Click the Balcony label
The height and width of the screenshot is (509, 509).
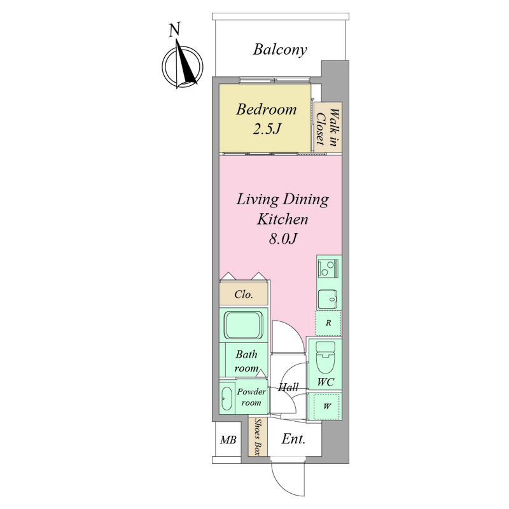pyautogui.click(x=280, y=50)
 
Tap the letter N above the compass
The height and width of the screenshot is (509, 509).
pyautogui.click(x=174, y=29)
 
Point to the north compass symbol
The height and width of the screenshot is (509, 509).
pyautogui.click(x=183, y=66)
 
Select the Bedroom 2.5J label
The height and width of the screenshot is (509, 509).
pyautogui.click(x=266, y=119)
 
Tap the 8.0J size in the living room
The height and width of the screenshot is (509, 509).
pyautogui.click(x=282, y=239)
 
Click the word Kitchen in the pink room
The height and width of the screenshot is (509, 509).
pyautogui.click(x=282, y=219)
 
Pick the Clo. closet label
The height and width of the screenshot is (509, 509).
pyautogui.click(x=244, y=295)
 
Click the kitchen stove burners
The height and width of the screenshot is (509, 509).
pyautogui.click(x=328, y=268)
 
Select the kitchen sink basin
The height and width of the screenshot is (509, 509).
pyautogui.click(x=328, y=298)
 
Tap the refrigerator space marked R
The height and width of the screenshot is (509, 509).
pyautogui.click(x=328, y=323)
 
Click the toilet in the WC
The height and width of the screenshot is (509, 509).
pyautogui.click(x=324, y=357)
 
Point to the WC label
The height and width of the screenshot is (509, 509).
pyautogui.click(x=325, y=382)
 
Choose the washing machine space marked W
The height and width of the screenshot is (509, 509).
pyautogui.click(x=326, y=406)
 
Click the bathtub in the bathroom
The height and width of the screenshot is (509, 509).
pyautogui.click(x=244, y=325)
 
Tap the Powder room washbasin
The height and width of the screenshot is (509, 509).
pyautogui.click(x=227, y=398)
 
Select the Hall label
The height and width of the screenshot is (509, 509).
pyautogui.click(x=288, y=387)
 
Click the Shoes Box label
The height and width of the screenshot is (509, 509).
pyautogui.click(x=258, y=437)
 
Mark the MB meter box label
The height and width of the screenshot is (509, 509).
pyautogui.click(x=228, y=440)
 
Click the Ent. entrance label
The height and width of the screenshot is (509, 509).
pyautogui.click(x=293, y=439)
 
